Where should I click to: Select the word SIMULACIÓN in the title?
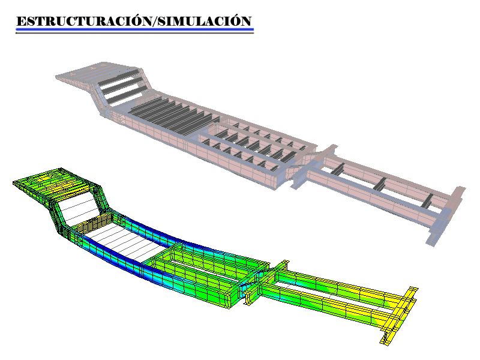coord(204,22)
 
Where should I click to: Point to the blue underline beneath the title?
coord(134,29)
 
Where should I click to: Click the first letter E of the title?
coord(21,22)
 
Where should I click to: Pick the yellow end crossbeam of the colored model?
coord(399,316)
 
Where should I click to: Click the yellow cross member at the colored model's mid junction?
coord(267,282)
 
